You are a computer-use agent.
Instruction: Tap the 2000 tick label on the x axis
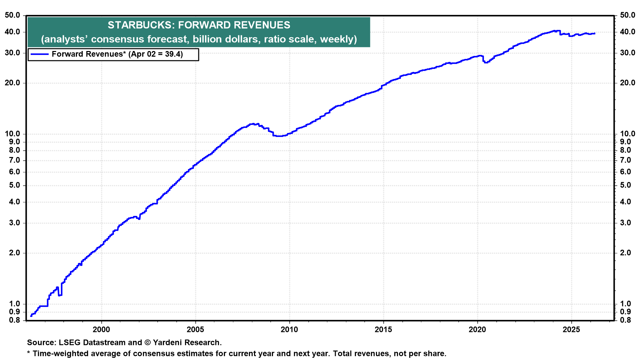[101, 330]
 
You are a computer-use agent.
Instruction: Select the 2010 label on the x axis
[289, 330]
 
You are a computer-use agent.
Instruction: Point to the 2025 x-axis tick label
[571, 330]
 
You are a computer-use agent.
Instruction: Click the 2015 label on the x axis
[383, 330]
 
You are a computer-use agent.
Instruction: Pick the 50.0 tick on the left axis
[12, 15]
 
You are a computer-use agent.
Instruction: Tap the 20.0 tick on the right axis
[628, 83]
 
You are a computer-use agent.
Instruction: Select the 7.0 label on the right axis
[626, 160]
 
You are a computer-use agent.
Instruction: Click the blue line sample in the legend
[39, 54]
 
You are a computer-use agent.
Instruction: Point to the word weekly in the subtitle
[339, 39]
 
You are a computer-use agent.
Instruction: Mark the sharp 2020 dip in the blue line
[485, 62]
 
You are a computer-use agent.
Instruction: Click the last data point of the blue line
[595, 33]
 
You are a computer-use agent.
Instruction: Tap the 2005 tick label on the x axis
[195, 330]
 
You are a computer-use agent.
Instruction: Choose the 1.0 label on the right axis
[626, 304]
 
